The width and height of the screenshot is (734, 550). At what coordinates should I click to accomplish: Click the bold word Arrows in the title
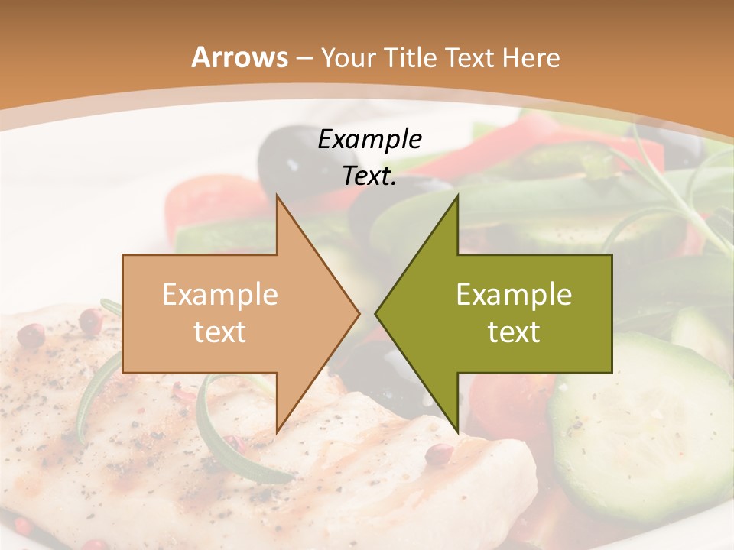[239, 57]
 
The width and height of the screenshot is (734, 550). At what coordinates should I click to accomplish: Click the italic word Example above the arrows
[369, 140]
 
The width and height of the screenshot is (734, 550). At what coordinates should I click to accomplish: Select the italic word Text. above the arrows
[369, 176]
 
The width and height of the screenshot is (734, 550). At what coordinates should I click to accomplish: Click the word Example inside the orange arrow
[220, 295]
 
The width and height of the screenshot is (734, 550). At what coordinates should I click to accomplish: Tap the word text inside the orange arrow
[220, 332]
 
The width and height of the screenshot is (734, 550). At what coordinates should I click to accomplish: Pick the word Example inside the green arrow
[514, 295]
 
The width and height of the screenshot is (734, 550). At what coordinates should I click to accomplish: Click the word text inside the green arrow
[514, 332]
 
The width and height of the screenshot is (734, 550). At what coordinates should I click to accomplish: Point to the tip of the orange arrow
[359, 313]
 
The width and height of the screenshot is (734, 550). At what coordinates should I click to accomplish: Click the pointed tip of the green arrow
[376, 313]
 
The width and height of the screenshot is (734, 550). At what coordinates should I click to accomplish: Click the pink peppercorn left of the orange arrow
[31, 335]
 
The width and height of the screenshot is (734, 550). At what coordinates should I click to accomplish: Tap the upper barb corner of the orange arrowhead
[278, 197]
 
